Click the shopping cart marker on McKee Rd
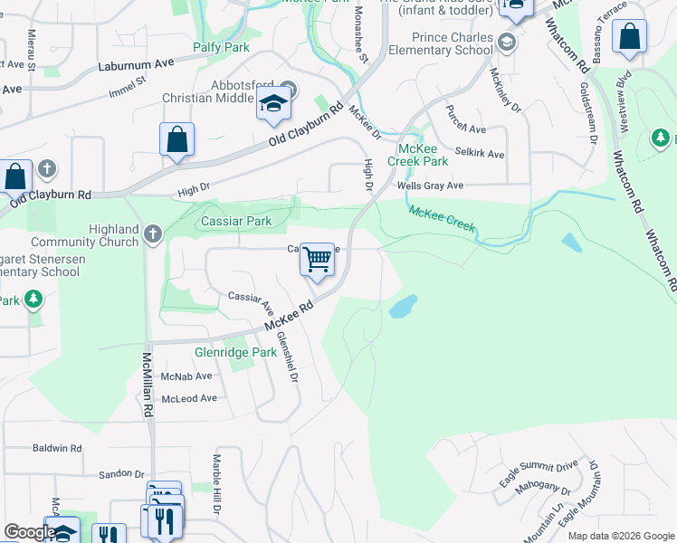point(317,260)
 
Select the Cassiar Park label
point(236,221)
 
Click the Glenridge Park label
point(235,352)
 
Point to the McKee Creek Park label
point(417,154)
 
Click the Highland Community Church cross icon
point(153,234)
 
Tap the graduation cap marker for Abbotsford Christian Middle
point(272,105)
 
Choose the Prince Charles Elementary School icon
point(508,42)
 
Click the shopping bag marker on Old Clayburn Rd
point(176,140)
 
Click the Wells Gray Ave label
point(430,186)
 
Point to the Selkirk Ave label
point(480,154)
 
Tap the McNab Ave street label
point(186,376)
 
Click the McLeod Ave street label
point(189,398)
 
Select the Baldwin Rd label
point(56,448)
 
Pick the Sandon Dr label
point(121,473)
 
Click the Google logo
point(30,533)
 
